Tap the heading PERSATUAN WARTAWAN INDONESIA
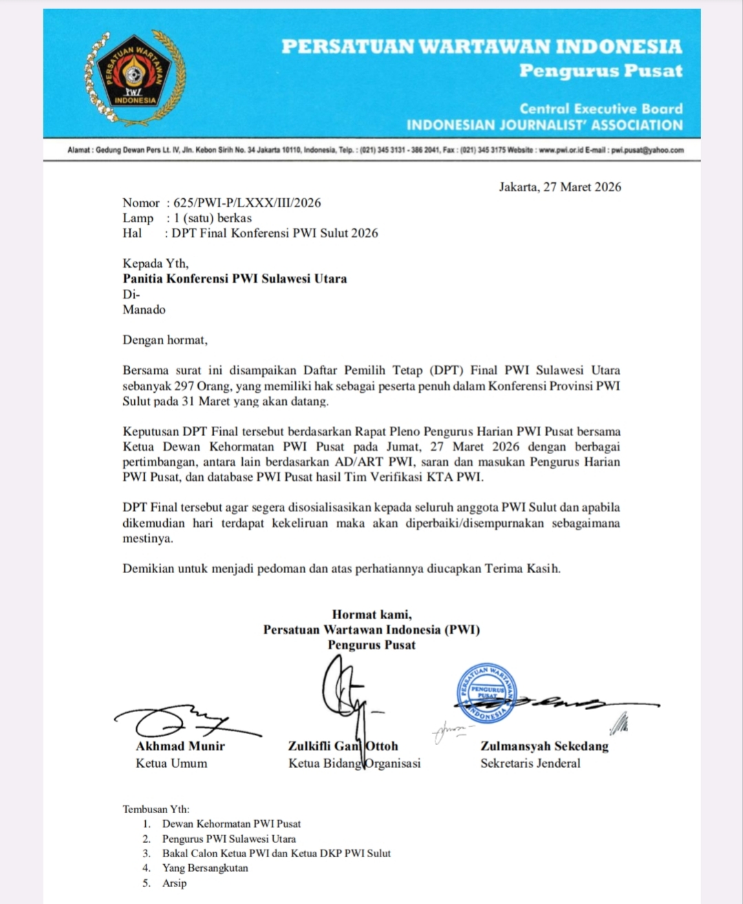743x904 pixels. coord(482,47)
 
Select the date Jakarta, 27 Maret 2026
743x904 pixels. coord(559,187)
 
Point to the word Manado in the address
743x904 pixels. coord(144,310)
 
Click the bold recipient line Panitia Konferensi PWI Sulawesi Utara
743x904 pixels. coord(235,279)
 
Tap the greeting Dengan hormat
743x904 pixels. coord(165,340)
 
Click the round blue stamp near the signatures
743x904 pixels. coord(487,693)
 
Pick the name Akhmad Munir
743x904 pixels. coord(180,746)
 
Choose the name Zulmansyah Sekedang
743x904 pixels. coord(544,746)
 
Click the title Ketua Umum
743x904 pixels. coord(171,763)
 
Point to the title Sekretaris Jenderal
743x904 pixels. coord(530,763)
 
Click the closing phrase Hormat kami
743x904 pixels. coord(371,614)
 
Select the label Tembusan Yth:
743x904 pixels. coord(156,809)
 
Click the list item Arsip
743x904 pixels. coord(174,883)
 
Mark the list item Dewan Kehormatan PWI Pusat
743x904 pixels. coord(231,824)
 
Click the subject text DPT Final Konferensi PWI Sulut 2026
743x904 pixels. coord(275,233)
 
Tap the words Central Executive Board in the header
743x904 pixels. coord(601,109)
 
